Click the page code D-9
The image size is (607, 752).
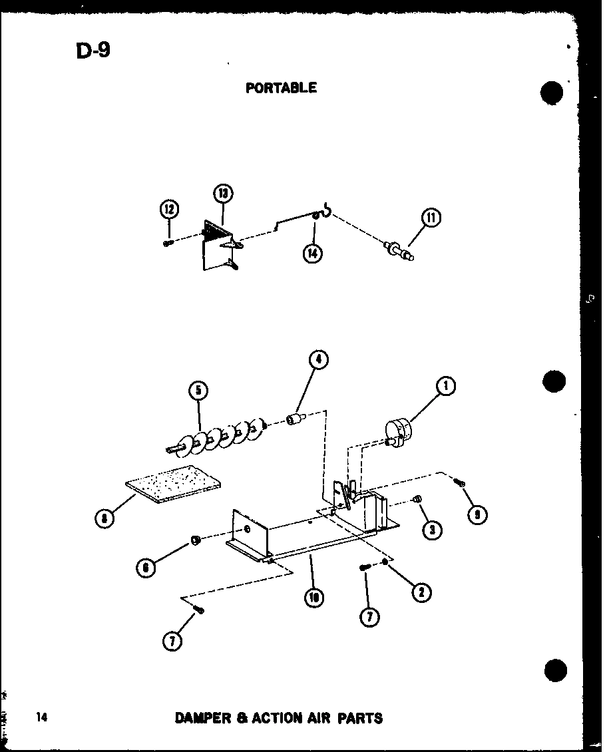[x=93, y=51]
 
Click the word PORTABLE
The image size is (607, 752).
[x=281, y=88]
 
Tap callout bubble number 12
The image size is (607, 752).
[x=169, y=210]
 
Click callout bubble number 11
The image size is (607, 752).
[x=431, y=218]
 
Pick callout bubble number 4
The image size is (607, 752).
[x=318, y=360]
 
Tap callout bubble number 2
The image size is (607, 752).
[x=420, y=592]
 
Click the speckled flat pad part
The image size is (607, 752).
[x=174, y=484]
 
